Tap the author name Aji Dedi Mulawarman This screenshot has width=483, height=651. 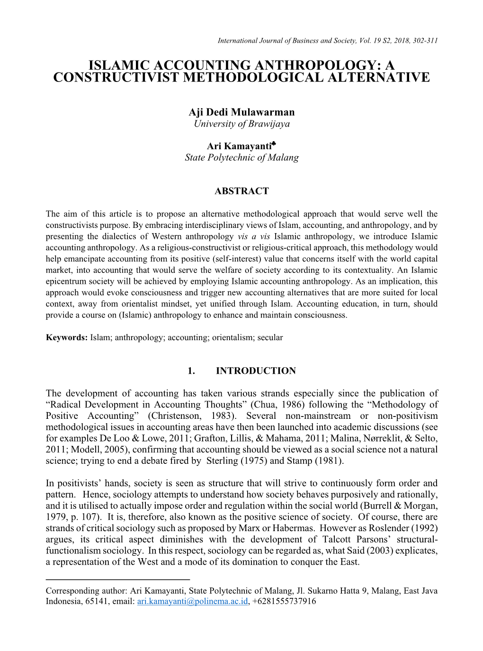coord(241,112)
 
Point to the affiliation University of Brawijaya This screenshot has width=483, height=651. coord(241,124)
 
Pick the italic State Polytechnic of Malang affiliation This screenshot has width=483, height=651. coord(241,157)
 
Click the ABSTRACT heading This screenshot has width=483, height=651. coord(241,191)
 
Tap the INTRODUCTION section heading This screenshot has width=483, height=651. coord(256,371)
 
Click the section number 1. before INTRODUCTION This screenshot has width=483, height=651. coord(191,371)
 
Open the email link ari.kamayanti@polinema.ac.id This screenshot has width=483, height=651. coord(192,601)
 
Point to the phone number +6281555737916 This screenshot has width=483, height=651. coord(284,601)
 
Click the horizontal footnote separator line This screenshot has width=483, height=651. coord(117,579)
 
